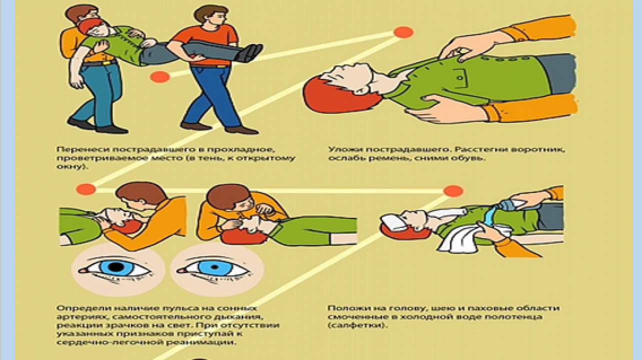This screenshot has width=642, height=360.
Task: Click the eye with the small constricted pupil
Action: [x=214, y=267]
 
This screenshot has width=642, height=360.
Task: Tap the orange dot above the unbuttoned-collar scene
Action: [x=403, y=32]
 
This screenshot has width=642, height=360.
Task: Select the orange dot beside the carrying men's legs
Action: [x=160, y=77]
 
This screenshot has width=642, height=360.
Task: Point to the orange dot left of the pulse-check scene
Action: [x=86, y=189]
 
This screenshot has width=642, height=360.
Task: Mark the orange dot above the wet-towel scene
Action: [x=453, y=191]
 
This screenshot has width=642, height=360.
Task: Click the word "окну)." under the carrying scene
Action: [x=72, y=166]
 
